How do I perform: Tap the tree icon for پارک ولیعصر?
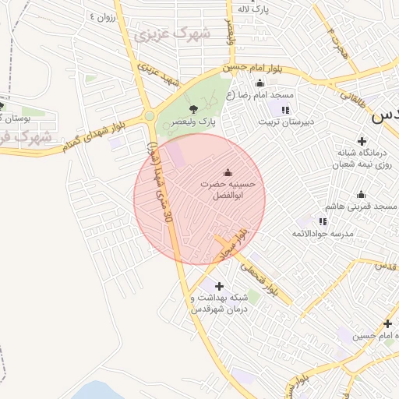click(193, 109)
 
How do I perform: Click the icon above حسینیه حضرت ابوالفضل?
click(228, 172)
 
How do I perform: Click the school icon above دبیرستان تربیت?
click(285, 109)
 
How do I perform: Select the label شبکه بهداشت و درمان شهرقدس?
click(219, 304)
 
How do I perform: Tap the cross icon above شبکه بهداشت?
click(219, 286)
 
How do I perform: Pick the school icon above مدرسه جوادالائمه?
click(323, 221)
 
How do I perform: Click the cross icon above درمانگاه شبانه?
click(362, 140)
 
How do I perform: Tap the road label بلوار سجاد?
click(234, 244)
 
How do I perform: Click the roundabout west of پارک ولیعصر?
click(149, 117)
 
